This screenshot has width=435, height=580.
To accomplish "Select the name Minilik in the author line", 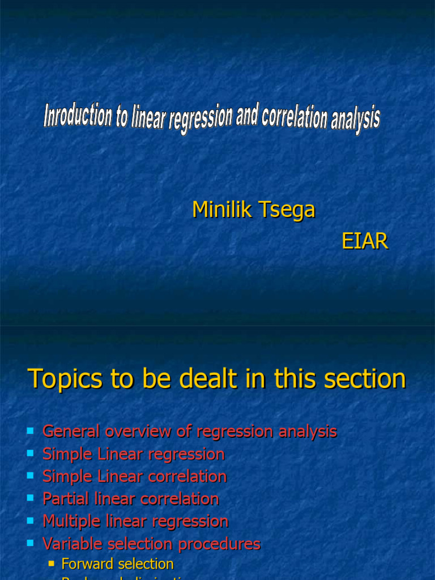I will click(222, 210).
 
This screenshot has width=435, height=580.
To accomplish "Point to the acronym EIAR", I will click(365, 241).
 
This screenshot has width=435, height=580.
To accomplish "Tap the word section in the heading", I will click(369, 379).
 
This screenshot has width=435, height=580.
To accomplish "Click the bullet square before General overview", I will click(31, 432).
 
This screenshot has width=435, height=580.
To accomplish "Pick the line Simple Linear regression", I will click(134, 454).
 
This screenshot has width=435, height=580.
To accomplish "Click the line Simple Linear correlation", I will click(135, 476).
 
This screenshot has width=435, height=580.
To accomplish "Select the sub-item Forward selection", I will click(117, 564).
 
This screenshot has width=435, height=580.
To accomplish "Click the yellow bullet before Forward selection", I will click(52, 564).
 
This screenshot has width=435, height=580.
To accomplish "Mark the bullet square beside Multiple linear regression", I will click(31, 521).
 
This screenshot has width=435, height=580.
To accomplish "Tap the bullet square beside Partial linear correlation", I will click(31, 498).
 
